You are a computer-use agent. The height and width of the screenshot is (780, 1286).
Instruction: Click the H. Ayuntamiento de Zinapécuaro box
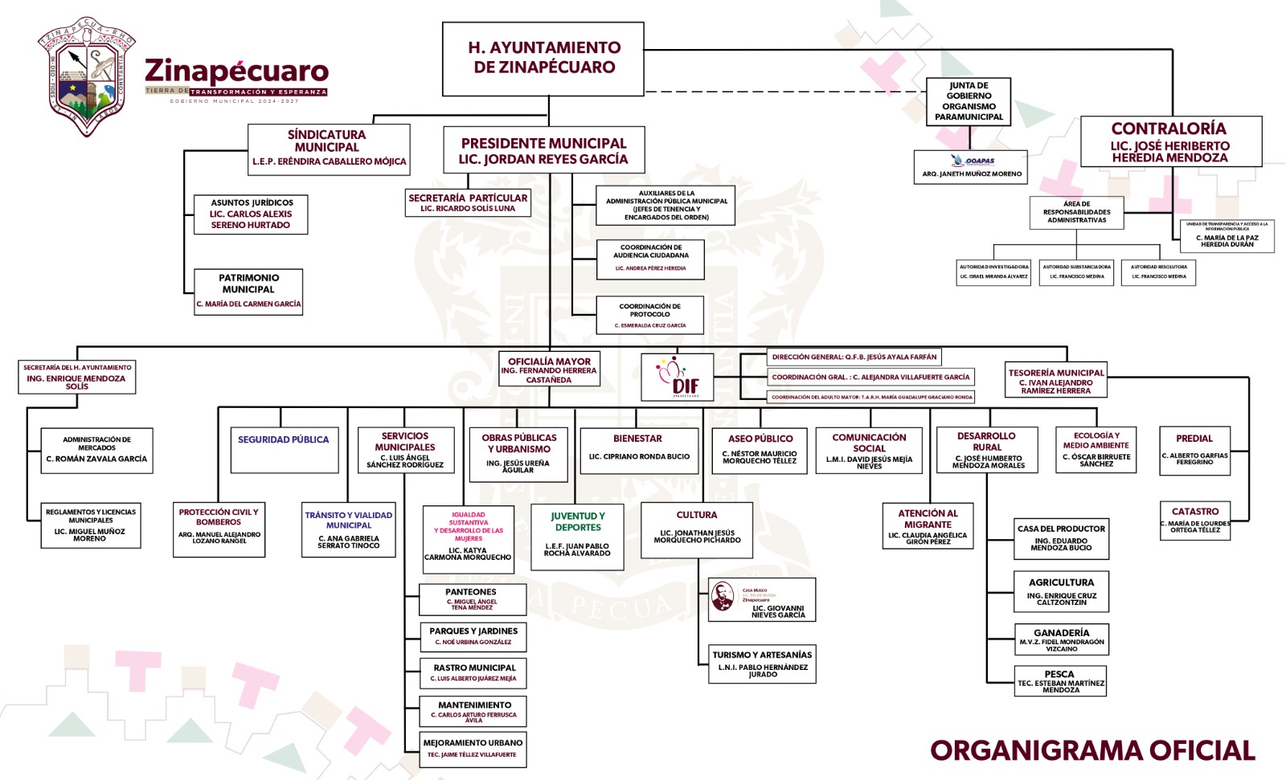[x=544, y=58]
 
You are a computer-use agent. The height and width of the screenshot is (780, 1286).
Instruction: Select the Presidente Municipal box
[x=543, y=150]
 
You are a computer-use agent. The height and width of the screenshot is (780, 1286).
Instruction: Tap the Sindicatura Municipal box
[x=329, y=148]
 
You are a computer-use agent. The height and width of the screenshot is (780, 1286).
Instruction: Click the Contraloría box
[x=1170, y=142]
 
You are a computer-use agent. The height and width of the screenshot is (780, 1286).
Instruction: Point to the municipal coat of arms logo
[x=87, y=77]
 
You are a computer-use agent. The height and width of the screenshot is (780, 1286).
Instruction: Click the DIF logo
[x=678, y=376]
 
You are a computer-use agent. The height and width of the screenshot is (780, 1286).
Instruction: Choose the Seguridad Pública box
[x=285, y=449]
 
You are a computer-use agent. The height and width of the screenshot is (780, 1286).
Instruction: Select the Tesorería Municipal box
[x=1056, y=381]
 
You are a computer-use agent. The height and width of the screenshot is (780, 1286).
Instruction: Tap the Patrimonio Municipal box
[x=248, y=291]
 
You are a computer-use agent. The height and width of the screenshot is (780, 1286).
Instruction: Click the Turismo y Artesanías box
[x=762, y=664]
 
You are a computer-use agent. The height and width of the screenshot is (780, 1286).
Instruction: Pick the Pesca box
[x=1060, y=681]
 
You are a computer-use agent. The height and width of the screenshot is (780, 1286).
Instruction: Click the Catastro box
[x=1195, y=520]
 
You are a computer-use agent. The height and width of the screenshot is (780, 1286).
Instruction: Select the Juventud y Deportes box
[x=577, y=536]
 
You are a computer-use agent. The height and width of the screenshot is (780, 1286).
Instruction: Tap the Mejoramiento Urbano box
[x=473, y=749]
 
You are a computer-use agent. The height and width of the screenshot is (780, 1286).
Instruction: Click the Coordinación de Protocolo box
[x=650, y=315]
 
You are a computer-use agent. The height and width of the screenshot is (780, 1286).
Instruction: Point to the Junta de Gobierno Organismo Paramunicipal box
[x=969, y=101]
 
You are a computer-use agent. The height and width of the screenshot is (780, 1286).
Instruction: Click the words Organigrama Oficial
[x=1092, y=750]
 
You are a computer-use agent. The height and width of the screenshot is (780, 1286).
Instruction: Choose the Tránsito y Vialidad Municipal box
[x=349, y=529]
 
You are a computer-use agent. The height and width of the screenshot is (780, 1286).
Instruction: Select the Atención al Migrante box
[x=928, y=526]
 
